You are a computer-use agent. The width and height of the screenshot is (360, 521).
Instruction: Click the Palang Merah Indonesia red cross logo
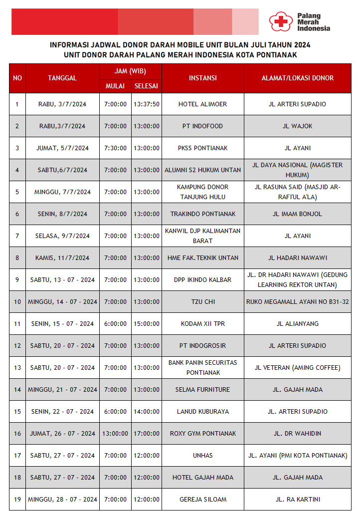[280, 21]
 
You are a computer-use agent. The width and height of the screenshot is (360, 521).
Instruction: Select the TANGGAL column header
[62, 78]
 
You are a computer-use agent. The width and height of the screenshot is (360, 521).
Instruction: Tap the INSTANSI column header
[202, 78]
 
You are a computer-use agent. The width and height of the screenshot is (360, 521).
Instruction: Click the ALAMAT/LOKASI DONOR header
[298, 78]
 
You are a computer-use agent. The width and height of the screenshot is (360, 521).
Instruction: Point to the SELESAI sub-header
[146, 86]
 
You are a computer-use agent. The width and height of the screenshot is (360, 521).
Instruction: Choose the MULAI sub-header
[115, 86]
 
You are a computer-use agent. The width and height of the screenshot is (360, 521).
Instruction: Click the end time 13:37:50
[146, 104]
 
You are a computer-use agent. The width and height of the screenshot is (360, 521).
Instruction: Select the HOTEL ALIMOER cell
[202, 104]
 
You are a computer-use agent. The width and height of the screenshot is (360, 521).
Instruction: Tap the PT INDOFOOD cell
[202, 126]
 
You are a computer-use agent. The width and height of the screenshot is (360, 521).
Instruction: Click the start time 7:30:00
[115, 148]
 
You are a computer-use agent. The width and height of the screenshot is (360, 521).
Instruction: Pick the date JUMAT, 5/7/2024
[62, 148]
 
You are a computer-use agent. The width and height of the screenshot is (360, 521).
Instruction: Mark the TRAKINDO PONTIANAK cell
[202, 214]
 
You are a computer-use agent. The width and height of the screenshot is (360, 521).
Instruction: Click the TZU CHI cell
[202, 302]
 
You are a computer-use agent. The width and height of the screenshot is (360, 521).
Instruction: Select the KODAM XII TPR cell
[202, 324]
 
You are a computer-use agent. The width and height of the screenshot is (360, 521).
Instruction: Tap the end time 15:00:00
[146, 324]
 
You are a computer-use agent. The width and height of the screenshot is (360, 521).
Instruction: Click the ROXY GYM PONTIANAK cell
[202, 434]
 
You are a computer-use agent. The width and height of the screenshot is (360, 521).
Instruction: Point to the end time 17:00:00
[146, 434]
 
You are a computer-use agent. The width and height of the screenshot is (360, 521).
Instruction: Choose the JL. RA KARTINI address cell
[298, 500]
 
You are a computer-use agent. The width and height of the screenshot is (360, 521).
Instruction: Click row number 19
[17, 500]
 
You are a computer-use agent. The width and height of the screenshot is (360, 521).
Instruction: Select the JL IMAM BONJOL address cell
[298, 214]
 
